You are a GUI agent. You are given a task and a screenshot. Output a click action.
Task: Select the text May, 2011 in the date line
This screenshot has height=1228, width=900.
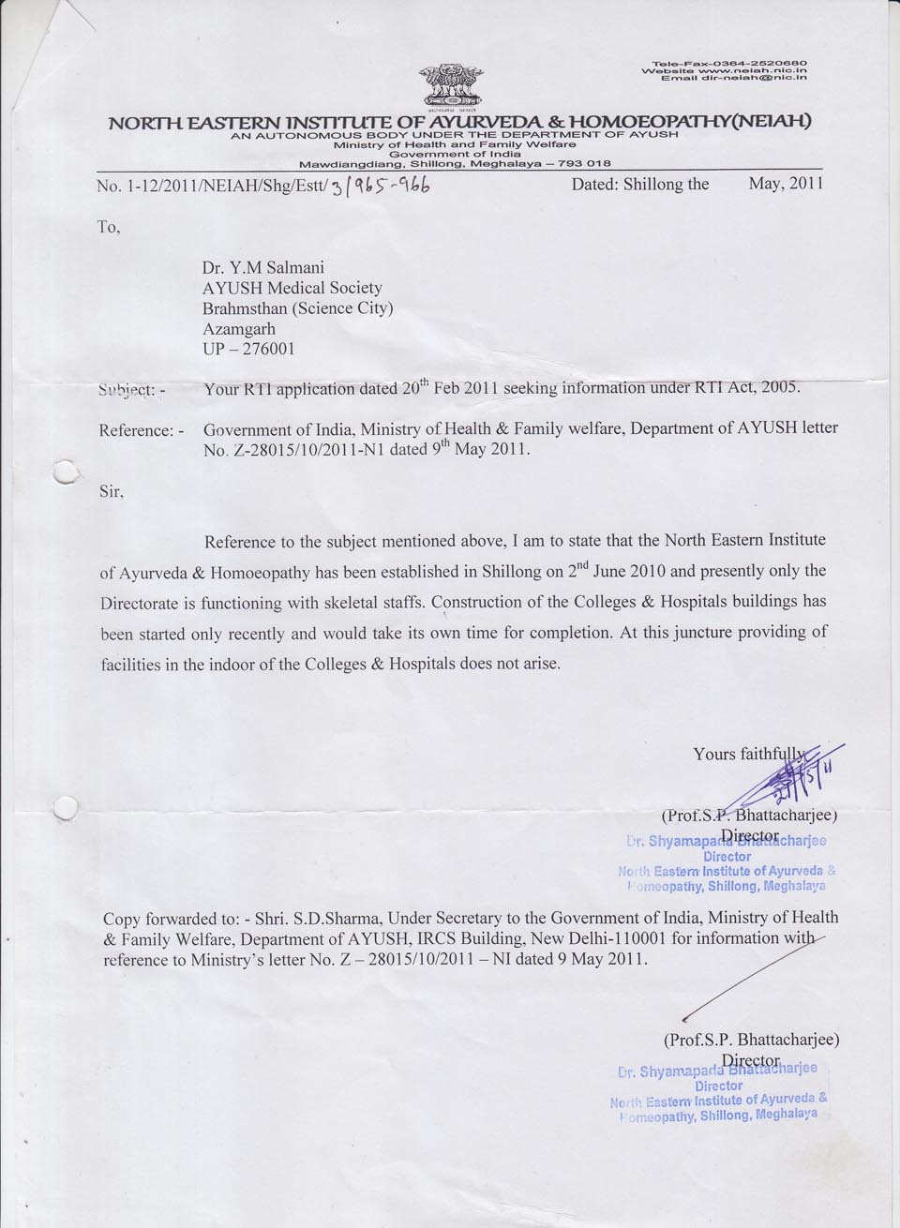coord(785,183)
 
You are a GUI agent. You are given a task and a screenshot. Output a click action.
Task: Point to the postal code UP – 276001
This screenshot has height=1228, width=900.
coord(248,348)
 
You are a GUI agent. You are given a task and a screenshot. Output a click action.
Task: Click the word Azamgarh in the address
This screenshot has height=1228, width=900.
coord(242,328)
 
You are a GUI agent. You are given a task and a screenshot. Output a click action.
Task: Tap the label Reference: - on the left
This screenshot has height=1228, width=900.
coord(141,430)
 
